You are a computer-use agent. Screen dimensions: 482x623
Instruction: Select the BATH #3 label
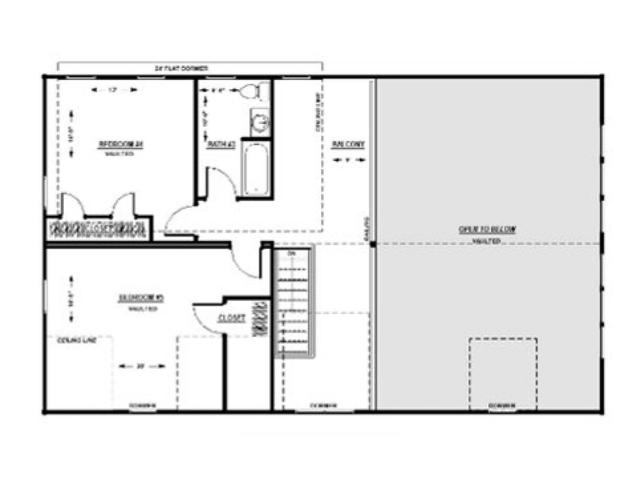coord(221,144)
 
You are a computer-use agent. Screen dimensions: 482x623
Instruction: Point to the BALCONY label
coord(348,144)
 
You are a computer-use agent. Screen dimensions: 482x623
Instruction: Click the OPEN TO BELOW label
coord(487,230)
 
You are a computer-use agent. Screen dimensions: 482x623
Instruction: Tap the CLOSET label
coord(232,318)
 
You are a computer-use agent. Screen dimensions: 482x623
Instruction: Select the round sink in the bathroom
coord(260,122)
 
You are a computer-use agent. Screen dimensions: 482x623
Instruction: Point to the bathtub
coord(256,170)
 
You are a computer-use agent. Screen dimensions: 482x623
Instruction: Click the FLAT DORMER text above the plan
coord(182,68)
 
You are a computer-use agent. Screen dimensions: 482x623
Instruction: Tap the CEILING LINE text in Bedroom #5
coord(76,340)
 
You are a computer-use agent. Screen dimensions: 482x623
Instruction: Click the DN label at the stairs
coord(291,254)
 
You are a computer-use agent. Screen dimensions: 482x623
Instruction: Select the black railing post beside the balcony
coord(373,244)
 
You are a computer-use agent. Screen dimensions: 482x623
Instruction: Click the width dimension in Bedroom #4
coord(114,90)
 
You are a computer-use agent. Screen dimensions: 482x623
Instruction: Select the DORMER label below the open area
coord(502,406)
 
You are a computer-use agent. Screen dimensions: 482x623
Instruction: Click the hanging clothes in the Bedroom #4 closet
coord(98,229)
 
